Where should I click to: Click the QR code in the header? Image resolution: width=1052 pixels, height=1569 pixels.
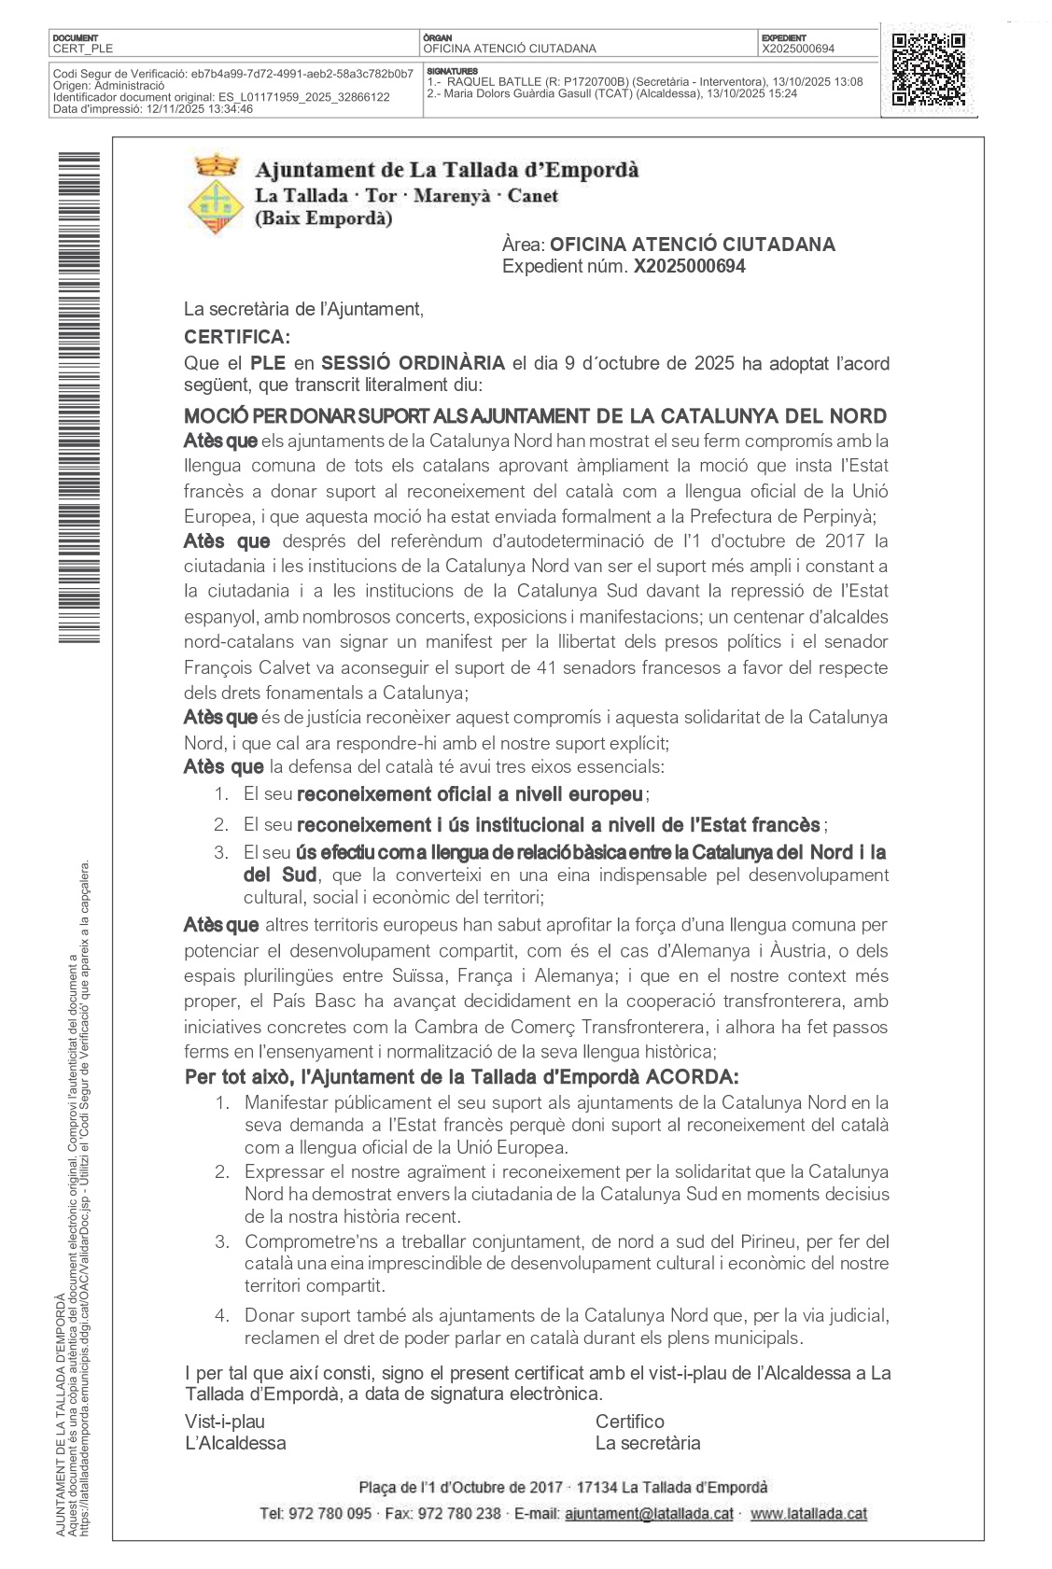pos(928,70)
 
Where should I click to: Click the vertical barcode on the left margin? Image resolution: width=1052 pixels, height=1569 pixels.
pos(78,397)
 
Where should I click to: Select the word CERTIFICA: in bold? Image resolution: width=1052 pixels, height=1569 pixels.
pos(237,337)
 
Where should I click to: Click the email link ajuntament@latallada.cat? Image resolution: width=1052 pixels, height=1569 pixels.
pos(650,1513)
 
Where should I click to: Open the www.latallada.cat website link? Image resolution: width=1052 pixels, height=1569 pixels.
pos(808,1513)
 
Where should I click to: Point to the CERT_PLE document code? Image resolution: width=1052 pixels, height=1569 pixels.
pos(83,49)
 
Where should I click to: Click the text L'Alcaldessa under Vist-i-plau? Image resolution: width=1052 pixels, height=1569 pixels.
pos(235,1443)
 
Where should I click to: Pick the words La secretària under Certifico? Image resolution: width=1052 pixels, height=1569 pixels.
pos(648,1443)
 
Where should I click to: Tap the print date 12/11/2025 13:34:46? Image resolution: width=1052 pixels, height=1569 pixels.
pos(199,109)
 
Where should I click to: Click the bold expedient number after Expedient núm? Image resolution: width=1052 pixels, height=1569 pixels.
pos(689,267)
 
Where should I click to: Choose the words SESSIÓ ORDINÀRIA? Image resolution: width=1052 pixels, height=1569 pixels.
pos(413,363)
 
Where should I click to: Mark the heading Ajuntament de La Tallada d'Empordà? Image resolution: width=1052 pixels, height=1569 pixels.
pos(447,170)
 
